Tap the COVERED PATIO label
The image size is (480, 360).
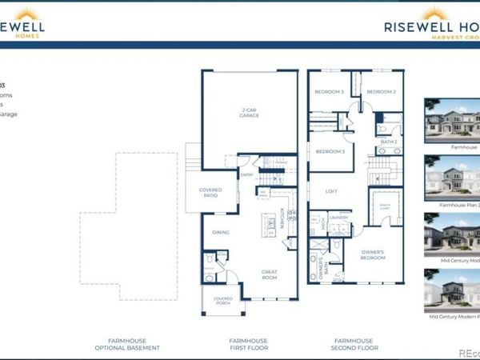210,193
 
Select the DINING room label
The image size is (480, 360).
221,233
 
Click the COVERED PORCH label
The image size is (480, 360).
223,302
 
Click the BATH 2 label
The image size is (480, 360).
390,142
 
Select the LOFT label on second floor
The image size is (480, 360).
330,192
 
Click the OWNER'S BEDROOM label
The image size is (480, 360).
372,256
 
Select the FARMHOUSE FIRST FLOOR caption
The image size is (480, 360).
248,344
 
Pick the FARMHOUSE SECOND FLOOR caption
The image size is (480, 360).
354,344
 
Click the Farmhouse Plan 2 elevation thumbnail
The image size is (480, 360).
452,181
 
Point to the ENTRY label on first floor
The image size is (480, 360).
247,174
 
